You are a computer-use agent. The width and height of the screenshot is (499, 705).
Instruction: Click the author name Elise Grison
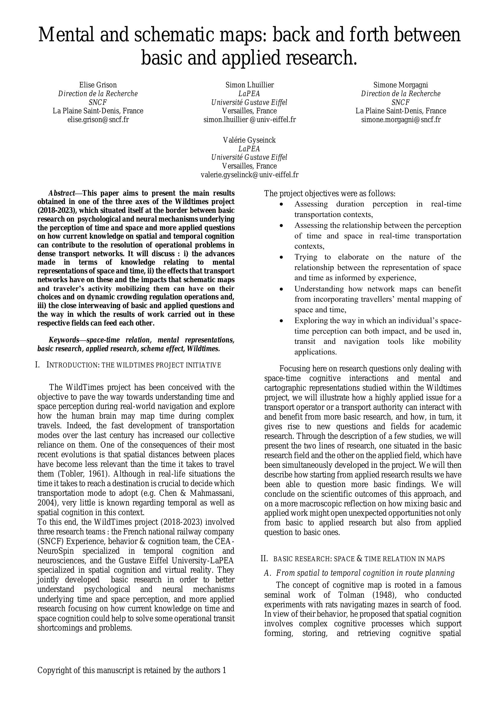click(98, 85)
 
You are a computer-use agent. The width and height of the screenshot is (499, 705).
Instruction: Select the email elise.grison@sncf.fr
click(98, 119)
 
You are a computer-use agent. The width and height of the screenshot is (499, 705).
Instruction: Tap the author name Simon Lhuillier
click(249, 85)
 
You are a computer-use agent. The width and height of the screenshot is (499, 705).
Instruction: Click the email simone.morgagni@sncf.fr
click(400, 119)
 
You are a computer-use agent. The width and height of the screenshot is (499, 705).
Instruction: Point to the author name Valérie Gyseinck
click(249, 140)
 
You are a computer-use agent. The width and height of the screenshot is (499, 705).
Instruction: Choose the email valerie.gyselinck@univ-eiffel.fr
click(249, 175)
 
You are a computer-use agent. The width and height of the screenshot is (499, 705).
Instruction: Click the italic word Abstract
click(62, 193)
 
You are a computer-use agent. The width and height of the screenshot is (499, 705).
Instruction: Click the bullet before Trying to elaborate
click(281, 257)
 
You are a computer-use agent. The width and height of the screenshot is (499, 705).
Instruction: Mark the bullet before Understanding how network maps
click(281, 289)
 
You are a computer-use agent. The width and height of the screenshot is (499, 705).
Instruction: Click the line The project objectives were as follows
click(329, 194)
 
